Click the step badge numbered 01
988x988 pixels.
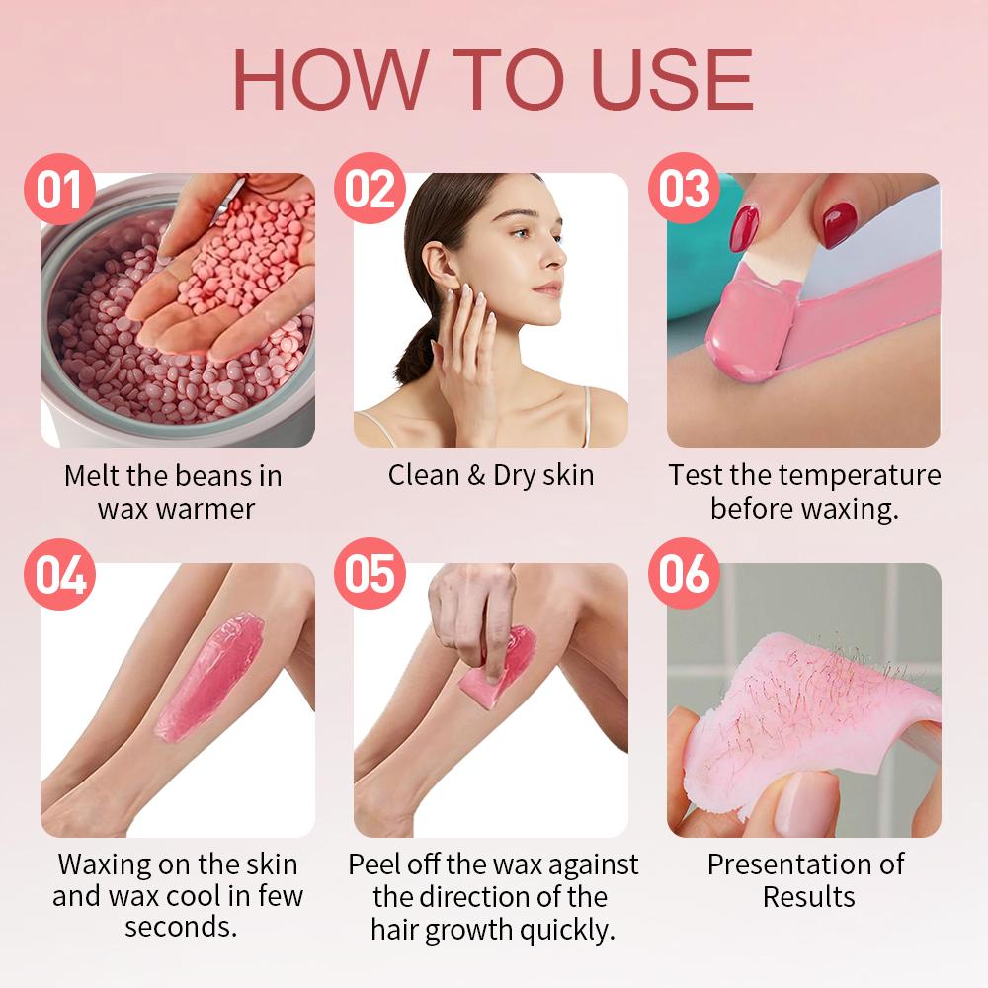[59, 189]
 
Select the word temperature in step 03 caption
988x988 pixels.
[860, 475]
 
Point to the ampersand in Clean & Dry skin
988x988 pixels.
[476, 475]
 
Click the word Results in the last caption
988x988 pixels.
[808, 897]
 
